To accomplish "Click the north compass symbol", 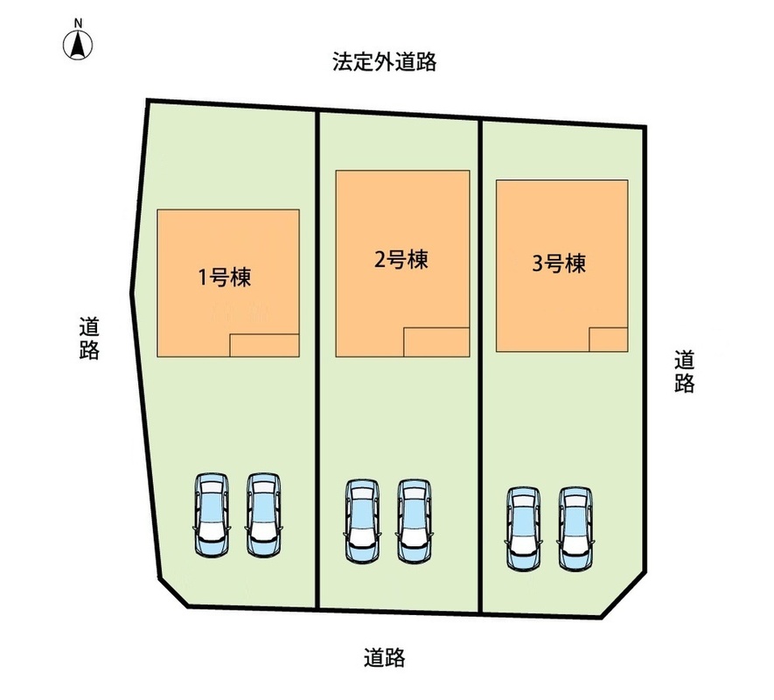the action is pyautogui.click(x=78, y=45).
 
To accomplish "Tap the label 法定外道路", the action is pyautogui.click(x=384, y=62).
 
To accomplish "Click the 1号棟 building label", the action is pyautogui.click(x=225, y=277).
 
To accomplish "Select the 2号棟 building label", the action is pyautogui.click(x=401, y=260).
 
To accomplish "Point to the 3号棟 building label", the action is pyautogui.click(x=559, y=263).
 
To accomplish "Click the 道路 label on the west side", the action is pyautogui.click(x=89, y=338).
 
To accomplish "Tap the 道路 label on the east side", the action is pyautogui.click(x=685, y=372).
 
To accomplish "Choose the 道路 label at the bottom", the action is pyautogui.click(x=385, y=657).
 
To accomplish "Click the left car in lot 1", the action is pyautogui.click(x=212, y=515).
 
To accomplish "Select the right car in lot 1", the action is pyautogui.click(x=264, y=515).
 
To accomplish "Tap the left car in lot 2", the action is pyautogui.click(x=363, y=521).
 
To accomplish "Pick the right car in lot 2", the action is pyautogui.click(x=415, y=521).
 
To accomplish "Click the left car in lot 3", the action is pyautogui.click(x=523, y=529).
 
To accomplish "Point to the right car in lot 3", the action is pyautogui.click(x=575, y=529).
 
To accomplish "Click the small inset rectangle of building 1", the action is pyautogui.click(x=265, y=346).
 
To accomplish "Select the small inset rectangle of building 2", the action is pyautogui.click(x=436, y=342).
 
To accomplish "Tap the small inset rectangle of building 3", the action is pyautogui.click(x=609, y=339).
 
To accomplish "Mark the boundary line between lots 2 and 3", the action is pyautogui.click(x=480, y=366).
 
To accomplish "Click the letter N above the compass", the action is pyautogui.click(x=78, y=24).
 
